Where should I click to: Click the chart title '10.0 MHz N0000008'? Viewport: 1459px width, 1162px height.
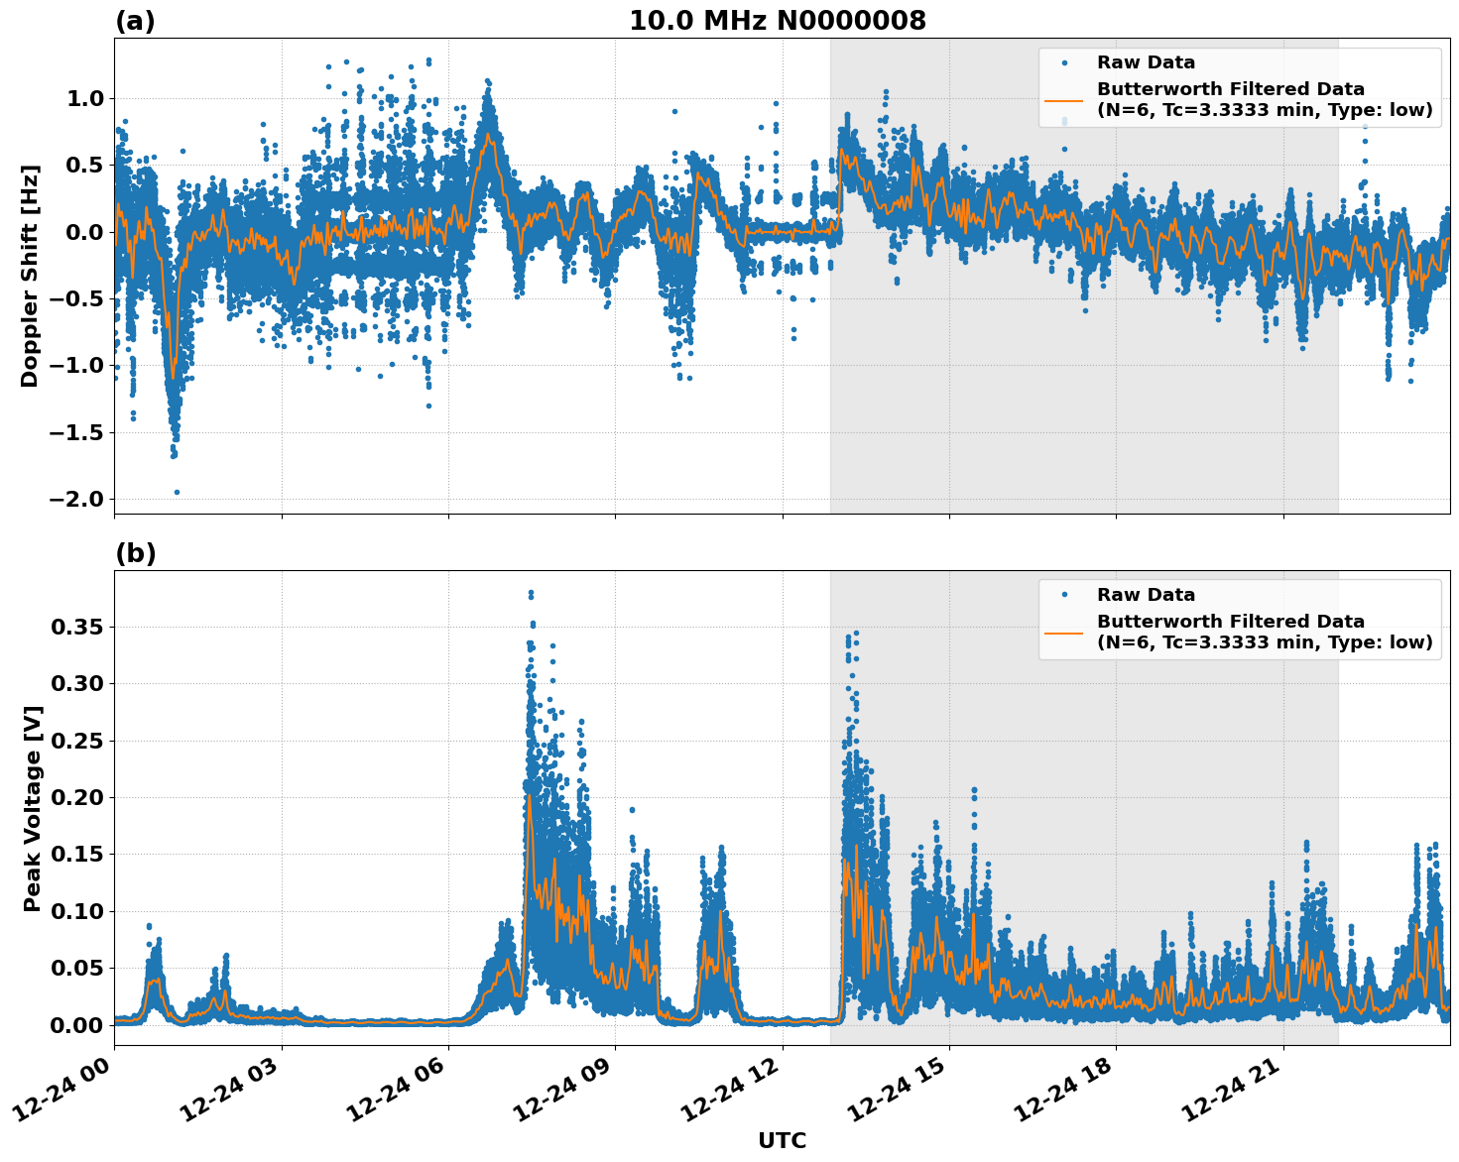(777, 21)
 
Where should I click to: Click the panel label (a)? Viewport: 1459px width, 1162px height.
(135, 21)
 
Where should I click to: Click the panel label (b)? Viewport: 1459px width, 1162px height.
(135, 553)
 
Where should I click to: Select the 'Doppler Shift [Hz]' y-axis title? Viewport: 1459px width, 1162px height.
(30, 276)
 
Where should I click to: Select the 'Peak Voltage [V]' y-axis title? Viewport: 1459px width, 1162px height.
(33, 808)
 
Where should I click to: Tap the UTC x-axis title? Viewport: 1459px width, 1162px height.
(782, 1140)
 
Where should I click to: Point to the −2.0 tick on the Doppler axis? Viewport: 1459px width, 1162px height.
(75, 499)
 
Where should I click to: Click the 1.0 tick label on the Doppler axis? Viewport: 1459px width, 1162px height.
(84, 98)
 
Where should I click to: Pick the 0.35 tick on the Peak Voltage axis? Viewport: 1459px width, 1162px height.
(77, 627)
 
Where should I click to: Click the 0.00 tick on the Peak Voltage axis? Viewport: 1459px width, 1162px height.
(77, 1025)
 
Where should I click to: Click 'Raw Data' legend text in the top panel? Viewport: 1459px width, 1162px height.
(1146, 62)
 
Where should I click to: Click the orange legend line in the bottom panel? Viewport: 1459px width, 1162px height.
(1063, 632)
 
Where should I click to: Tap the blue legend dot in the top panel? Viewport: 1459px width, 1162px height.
(1064, 62)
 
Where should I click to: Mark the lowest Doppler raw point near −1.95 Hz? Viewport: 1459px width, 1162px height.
(177, 492)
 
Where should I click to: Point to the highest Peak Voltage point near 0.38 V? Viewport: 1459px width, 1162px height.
(531, 593)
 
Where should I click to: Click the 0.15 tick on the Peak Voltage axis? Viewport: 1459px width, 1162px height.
(77, 855)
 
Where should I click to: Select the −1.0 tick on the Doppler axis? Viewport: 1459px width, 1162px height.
(75, 365)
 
